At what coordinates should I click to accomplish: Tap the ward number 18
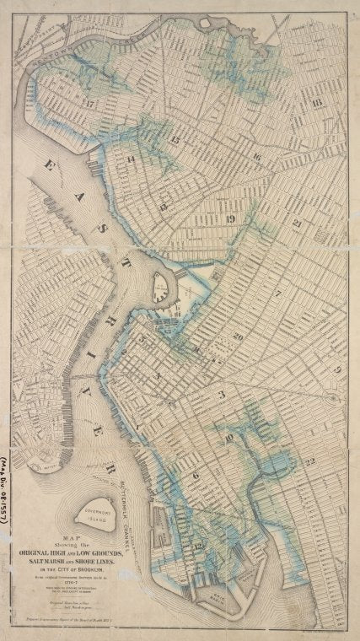(x=316, y=103)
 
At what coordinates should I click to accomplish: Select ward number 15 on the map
(x=175, y=139)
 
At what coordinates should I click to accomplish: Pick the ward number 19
(x=230, y=219)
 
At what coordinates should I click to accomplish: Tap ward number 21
(x=298, y=224)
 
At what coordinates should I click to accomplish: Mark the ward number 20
(x=239, y=336)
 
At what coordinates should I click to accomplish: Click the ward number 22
(x=310, y=461)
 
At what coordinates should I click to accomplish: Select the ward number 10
(x=228, y=438)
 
